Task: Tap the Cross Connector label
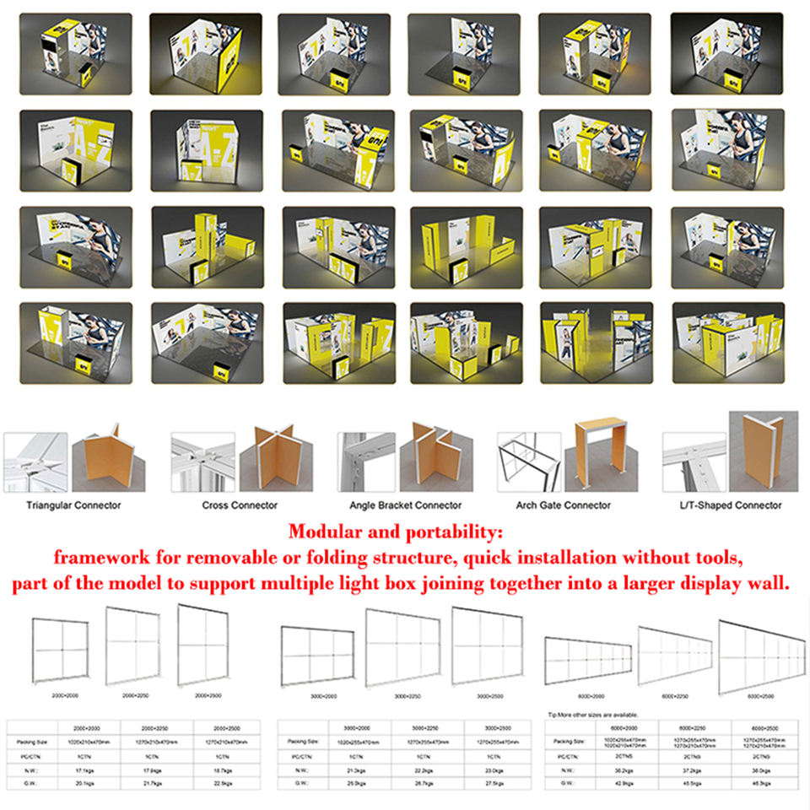240,505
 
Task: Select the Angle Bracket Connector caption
405,505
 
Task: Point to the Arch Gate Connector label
563,505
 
